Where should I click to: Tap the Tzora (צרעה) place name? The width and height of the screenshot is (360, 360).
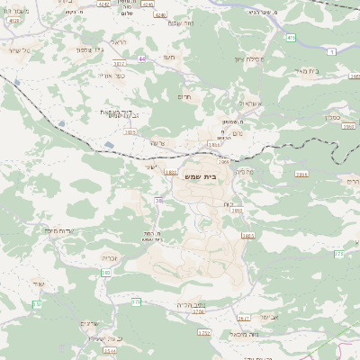157,143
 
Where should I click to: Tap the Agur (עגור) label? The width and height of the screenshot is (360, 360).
38,284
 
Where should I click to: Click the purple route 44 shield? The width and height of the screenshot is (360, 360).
142,58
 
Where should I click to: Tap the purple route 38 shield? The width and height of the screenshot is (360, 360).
159,200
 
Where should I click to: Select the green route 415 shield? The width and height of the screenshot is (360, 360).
291,38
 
